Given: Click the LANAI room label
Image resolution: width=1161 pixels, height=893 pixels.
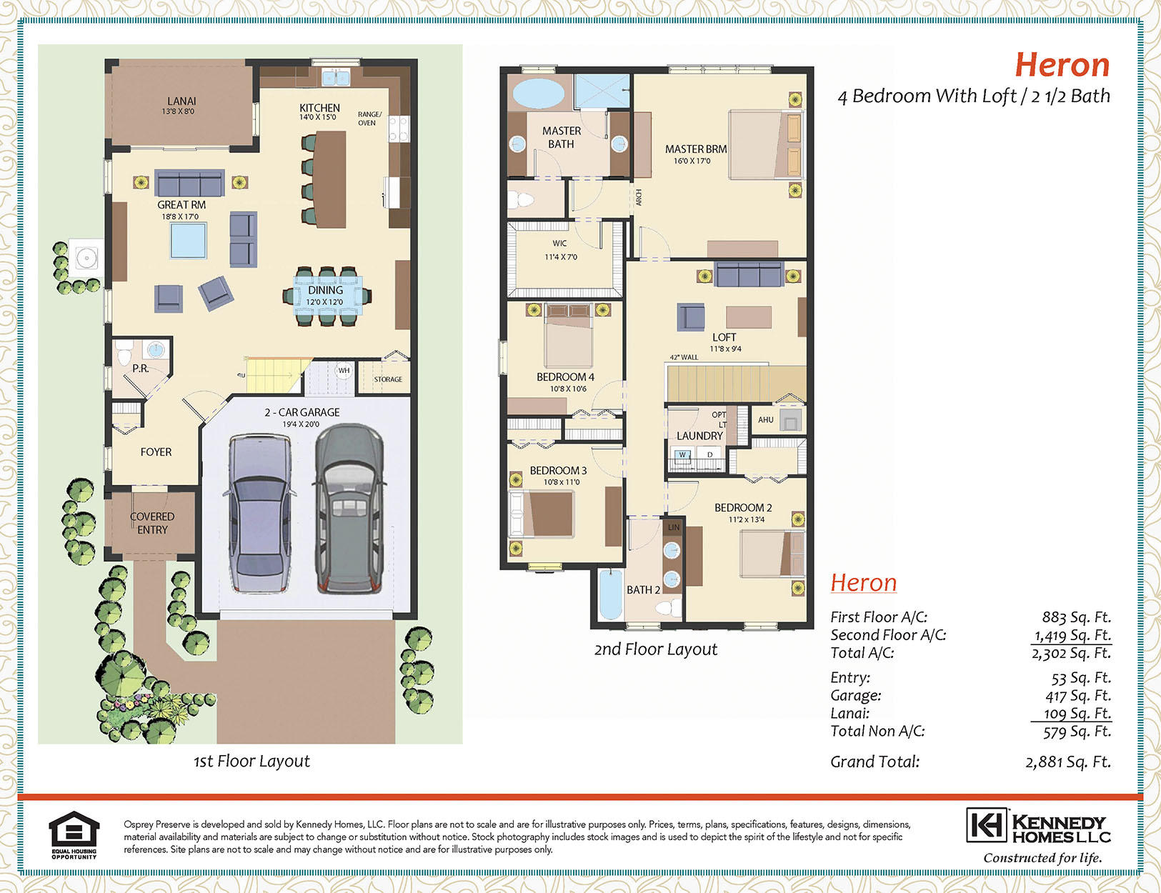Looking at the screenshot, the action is pyautogui.click(x=181, y=101).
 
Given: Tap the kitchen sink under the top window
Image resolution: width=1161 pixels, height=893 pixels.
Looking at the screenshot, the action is pyautogui.click(x=336, y=78).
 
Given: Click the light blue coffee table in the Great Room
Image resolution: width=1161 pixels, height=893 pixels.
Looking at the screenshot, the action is pyautogui.click(x=188, y=240).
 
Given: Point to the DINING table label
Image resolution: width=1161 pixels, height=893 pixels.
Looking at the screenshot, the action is pyautogui.click(x=325, y=290).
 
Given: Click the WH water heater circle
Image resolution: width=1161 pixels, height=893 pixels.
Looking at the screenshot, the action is pyautogui.click(x=344, y=370).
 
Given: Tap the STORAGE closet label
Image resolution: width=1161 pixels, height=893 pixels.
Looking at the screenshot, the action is pyautogui.click(x=388, y=379).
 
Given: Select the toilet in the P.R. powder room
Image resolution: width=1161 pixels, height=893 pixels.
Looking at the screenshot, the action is pyautogui.click(x=124, y=354).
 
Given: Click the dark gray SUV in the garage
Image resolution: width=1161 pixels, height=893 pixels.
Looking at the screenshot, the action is pyautogui.click(x=349, y=508).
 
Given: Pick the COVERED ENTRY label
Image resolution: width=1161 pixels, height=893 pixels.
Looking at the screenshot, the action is pyautogui.click(x=152, y=523).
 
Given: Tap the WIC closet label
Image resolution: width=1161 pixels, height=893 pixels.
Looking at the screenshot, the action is pyautogui.click(x=559, y=244).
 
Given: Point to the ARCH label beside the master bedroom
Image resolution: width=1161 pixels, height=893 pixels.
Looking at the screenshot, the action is pyautogui.click(x=639, y=197).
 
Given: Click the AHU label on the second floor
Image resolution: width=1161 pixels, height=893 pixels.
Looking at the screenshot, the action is pyautogui.click(x=766, y=420).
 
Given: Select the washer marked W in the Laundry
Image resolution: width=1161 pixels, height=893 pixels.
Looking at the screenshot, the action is pyautogui.click(x=682, y=454).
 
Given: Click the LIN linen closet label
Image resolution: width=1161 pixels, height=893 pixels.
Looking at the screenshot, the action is pyautogui.click(x=674, y=527).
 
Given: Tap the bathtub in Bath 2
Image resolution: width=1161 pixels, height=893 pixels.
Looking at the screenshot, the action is pyautogui.click(x=611, y=594).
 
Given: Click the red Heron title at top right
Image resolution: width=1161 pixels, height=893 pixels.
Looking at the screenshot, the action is pyautogui.click(x=1062, y=64).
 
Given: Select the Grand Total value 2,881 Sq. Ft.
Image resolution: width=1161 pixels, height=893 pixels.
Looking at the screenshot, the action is pyautogui.click(x=1068, y=762).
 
